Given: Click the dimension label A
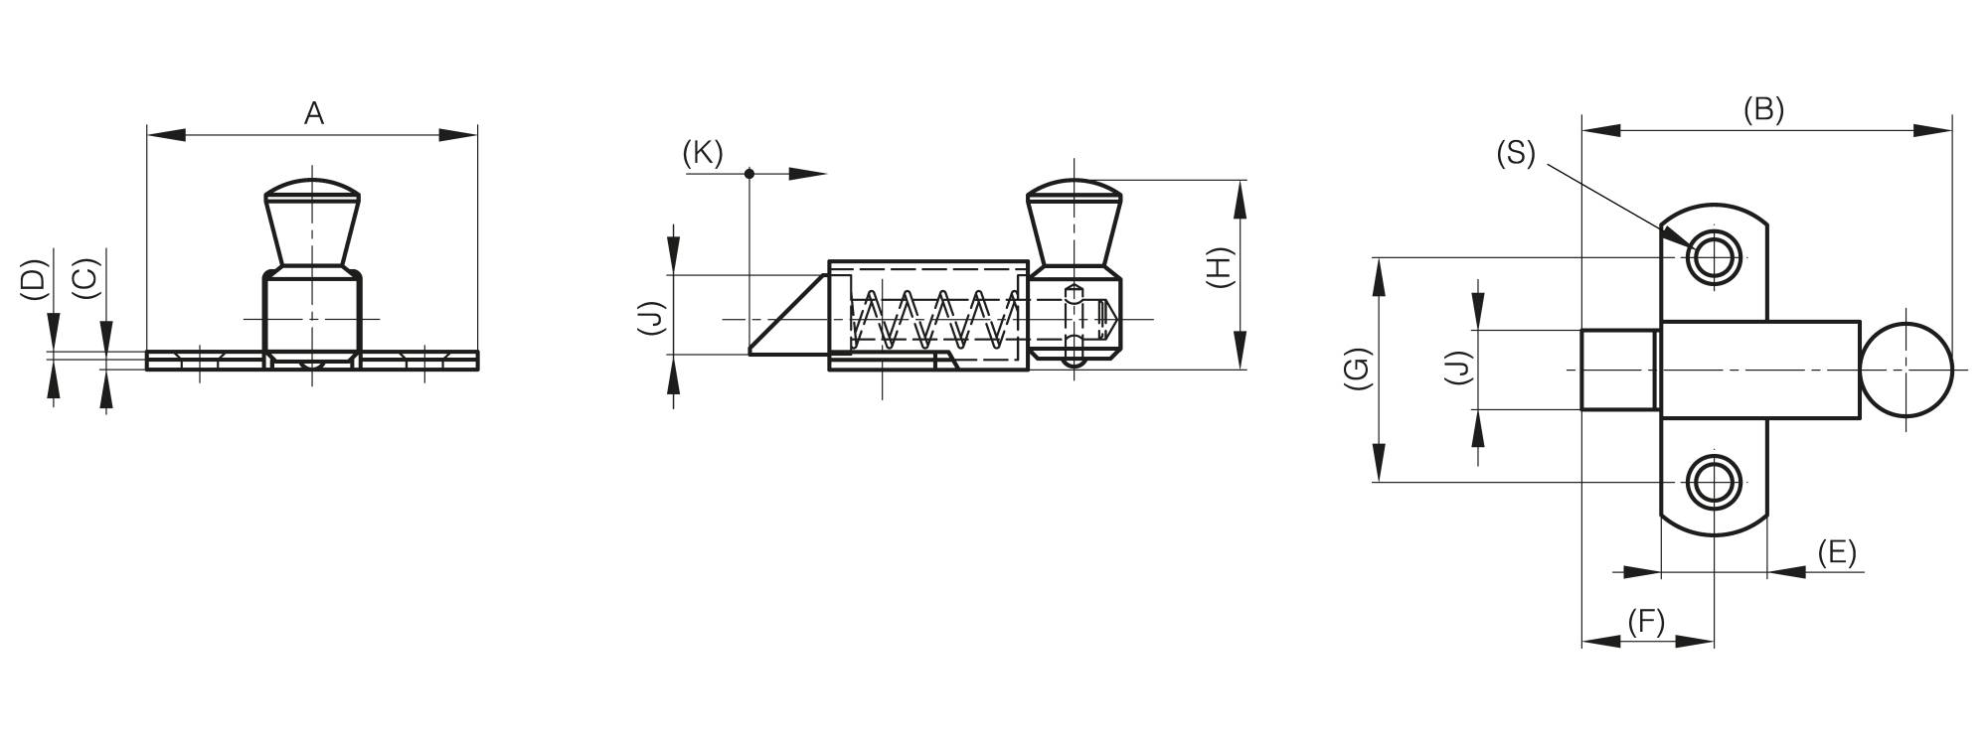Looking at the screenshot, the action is pos(314,114).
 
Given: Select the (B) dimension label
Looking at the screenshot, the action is pos(1764,110).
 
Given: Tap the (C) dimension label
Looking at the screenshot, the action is pos(86,279).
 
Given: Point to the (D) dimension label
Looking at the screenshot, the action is pos(34,279).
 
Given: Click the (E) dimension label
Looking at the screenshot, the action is pos(1837,551).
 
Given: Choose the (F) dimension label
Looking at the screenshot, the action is pos(1646,622).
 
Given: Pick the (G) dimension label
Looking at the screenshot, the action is pos(1358,369).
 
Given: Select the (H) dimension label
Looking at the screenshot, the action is pos(1219,267).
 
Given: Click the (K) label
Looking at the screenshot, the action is pos(703,153).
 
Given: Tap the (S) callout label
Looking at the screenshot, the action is pos(1516,153).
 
